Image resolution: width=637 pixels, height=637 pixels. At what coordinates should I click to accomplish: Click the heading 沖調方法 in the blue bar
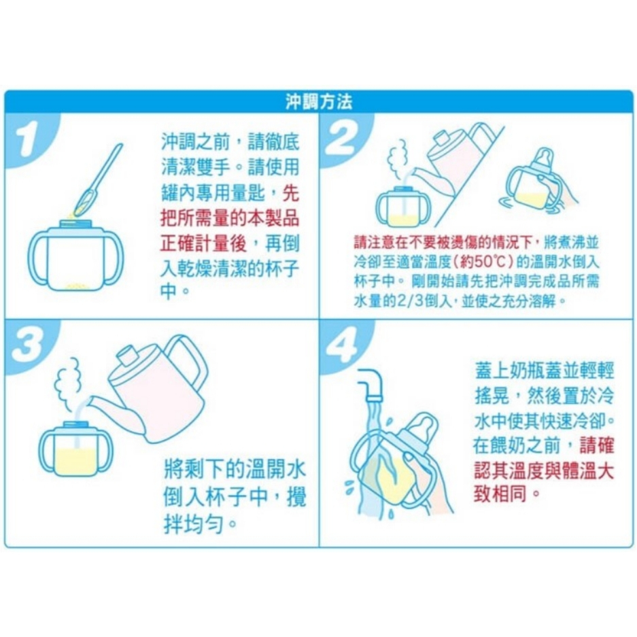(318, 102)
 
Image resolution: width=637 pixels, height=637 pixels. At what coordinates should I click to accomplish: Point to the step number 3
(27, 345)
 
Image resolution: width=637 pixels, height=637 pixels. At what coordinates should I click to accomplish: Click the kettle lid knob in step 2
(444, 138)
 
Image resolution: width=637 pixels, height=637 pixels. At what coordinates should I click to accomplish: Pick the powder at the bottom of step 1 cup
(76, 286)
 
